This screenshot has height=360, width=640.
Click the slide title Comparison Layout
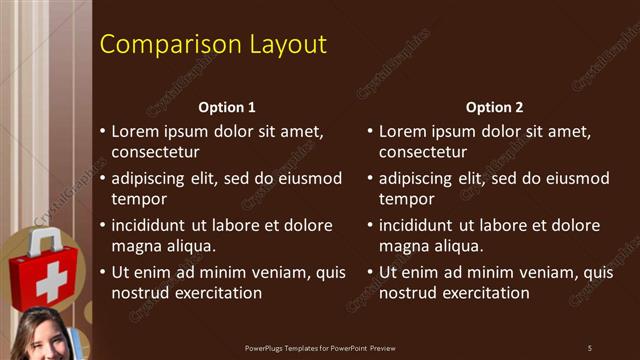[214, 45]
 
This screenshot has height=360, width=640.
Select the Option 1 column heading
[227, 107]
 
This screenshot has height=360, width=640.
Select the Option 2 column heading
[494, 107]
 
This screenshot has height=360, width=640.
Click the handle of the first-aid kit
[43, 241]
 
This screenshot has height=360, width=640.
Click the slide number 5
[590, 348]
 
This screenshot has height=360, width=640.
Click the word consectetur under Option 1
[155, 152]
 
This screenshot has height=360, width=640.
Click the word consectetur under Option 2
[422, 152]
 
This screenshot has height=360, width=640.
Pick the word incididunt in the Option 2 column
[419, 225]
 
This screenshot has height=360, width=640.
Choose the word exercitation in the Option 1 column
[217, 293]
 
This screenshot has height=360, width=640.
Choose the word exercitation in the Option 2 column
[484, 293]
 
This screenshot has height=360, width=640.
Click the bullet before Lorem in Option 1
[102, 131]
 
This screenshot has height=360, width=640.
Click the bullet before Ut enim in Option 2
[369, 272]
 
